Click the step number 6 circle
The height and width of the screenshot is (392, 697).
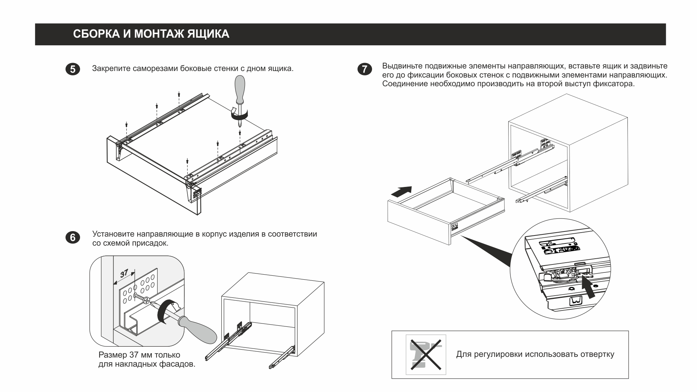click(x=73, y=238)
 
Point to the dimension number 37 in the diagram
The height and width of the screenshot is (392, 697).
click(x=124, y=274)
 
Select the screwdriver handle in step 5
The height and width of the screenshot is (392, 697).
click(x=240, y=89)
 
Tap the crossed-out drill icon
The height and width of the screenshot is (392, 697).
click(x=426, y=354)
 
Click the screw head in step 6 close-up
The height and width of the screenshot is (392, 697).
click(x=146, y=300)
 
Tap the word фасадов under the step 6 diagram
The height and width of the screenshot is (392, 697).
click(x=176, y=364)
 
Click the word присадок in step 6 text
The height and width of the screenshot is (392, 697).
click(x=152, y=243)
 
